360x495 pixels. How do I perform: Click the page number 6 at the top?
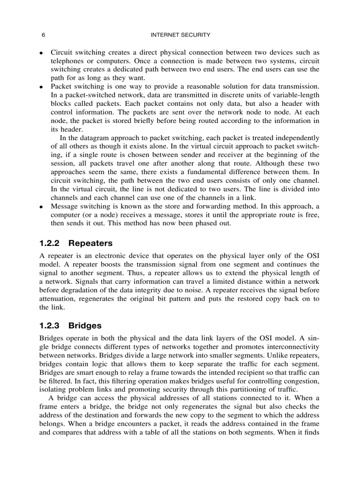tap(43, 35)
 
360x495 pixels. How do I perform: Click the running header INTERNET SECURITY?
tap(180, 35)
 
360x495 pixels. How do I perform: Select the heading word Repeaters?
tap(90, 243)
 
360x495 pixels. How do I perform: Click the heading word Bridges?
tap(85, 326)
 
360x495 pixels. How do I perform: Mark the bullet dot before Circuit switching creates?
tap(41, 53)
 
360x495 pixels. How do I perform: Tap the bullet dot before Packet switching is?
tap(41, 87)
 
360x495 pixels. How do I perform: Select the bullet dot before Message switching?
tap(41, 207)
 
